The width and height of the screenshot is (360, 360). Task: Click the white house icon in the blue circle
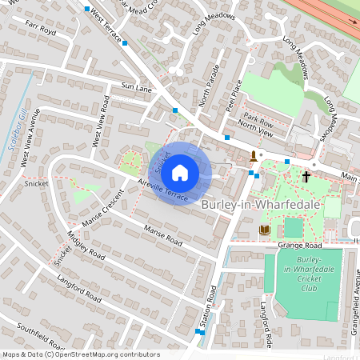point(180,173)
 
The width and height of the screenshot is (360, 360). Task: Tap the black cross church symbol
point(306,176)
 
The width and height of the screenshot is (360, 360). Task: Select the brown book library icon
point(264,230)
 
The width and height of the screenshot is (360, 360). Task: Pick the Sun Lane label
point(136,86)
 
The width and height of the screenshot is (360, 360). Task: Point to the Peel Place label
point(232,95)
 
